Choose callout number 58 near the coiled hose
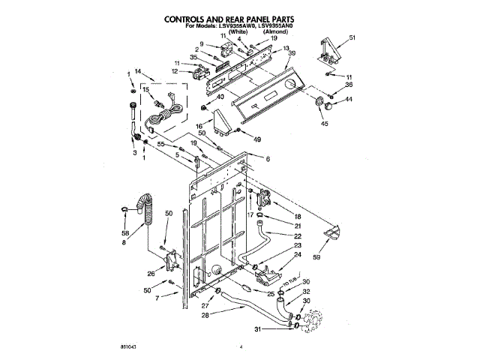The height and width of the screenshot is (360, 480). (x=126, y=233)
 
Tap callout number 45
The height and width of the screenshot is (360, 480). (x=325, y=123)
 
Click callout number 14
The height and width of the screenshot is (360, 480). (x=137, y=71)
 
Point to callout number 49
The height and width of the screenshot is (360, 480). (x=257, y=140)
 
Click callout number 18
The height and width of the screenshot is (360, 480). (x=298, y=215)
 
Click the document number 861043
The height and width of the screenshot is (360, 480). (x=121, y=347)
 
